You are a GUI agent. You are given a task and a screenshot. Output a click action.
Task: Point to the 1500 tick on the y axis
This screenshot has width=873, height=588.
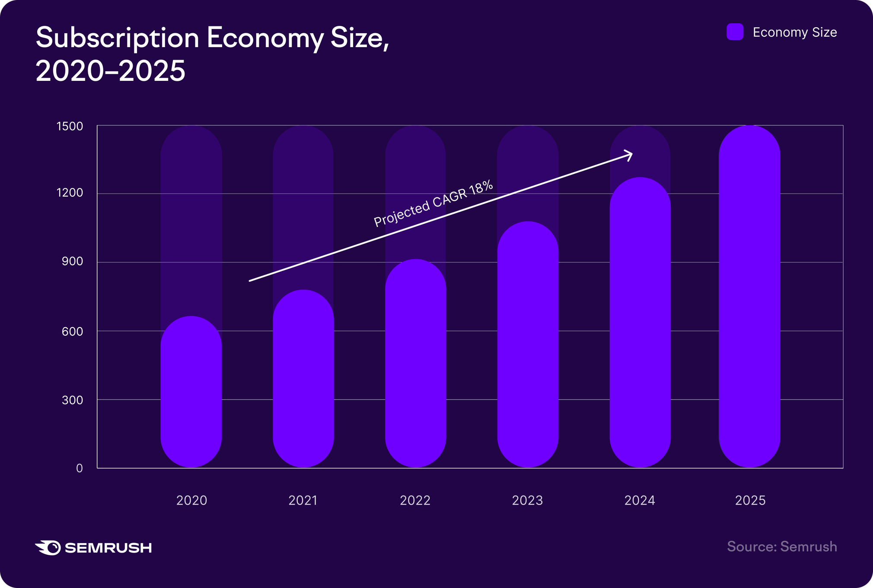70,126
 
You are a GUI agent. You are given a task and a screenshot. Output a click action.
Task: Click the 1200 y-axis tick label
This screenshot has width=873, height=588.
70,193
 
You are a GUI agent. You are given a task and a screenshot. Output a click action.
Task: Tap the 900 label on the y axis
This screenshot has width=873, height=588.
72,261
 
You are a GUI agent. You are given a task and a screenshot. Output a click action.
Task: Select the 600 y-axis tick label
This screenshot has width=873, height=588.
72,331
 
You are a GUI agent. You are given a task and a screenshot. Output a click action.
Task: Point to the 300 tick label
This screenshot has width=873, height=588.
72,400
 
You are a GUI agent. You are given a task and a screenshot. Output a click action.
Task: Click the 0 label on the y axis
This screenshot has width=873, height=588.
79,468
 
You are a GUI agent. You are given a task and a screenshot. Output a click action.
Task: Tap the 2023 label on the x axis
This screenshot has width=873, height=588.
527,500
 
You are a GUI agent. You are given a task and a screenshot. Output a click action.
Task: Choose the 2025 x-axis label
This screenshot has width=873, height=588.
750,500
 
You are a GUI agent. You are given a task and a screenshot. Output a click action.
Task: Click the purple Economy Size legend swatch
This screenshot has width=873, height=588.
735,32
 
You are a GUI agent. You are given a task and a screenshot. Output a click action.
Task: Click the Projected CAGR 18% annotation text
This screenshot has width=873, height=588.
433,204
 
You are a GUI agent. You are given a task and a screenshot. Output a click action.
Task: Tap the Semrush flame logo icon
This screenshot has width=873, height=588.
48,547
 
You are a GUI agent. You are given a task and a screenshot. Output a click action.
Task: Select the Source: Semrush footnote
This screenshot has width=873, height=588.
782,547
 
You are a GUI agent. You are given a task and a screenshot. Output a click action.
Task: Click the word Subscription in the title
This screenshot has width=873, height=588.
117,38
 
